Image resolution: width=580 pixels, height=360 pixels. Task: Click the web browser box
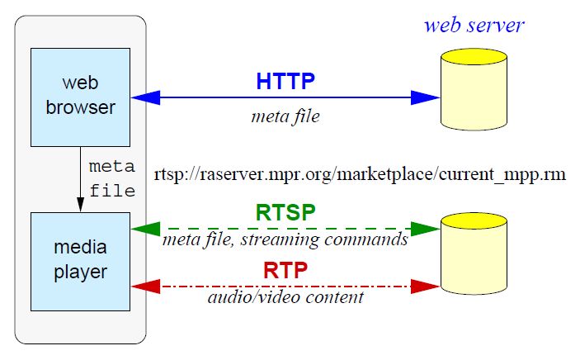(80, 97)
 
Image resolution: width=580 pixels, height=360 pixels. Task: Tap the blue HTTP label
(285, 81)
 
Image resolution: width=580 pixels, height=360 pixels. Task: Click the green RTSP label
(285, 212)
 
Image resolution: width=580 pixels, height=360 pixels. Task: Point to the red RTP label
(285, 270)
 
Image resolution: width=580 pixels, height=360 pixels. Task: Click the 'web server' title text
(474, 24)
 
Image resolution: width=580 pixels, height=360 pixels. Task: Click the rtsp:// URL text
(360, 176)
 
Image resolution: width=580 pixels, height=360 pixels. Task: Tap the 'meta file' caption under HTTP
(285, 117)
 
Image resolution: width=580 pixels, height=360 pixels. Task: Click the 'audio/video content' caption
(285, 297)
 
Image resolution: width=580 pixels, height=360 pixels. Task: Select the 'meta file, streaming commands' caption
(285, 240)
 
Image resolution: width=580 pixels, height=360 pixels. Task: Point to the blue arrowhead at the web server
(427, 97)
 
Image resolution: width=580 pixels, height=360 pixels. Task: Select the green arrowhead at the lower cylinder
(427, 228)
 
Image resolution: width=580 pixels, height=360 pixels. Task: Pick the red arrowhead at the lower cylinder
(427, 286)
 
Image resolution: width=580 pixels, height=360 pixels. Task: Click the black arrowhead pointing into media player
(80, 205)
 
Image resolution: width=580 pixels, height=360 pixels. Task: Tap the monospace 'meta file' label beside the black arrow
(111, 178)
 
